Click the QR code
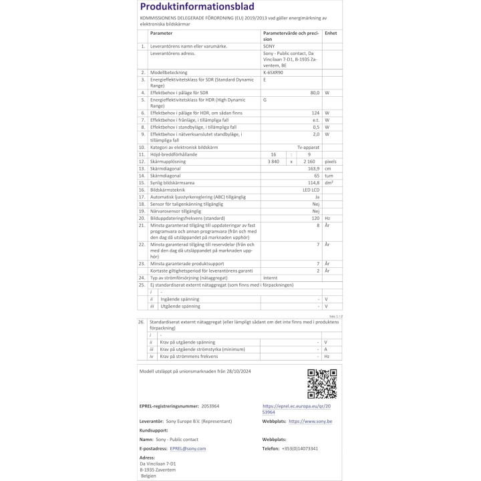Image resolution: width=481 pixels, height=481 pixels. pyautogui.click(x=322, y=383)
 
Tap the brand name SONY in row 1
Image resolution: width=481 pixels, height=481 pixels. pyautogui.click(x=269, y=46)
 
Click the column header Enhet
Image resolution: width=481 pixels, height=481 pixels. pyautogui.click(x=330, y=32)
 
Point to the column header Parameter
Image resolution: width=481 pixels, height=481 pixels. pyautogui.click(x=161, y=32)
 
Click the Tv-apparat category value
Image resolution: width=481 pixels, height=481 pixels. pyautogui.click(x=308, y=146)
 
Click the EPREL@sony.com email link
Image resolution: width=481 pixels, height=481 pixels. pyautogui.click(x=188, y=449)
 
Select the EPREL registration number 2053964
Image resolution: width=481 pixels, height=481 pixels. pyautogui.click(x=210, y=406)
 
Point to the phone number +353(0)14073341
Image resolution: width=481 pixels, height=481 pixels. pyautogui.click(x=300, y=449)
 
